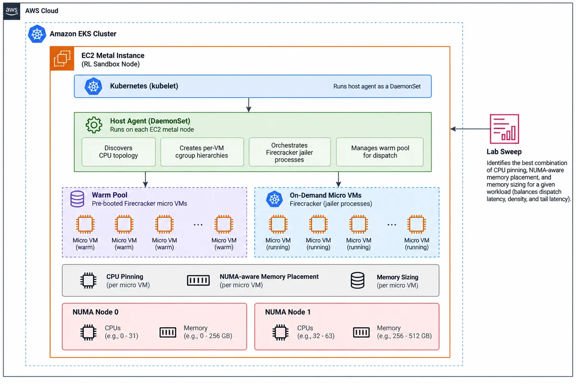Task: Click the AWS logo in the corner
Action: point(12,12)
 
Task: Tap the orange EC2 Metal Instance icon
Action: point(62,59)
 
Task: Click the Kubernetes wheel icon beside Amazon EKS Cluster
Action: point(37,34)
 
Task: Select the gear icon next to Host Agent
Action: point(94,125)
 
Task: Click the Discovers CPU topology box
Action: point(119,152)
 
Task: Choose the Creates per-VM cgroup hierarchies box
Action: point(202,152)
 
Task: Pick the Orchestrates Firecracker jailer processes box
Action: point(289,152)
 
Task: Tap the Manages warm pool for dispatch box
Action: point(380,152)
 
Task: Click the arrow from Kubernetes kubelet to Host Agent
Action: point(249,105)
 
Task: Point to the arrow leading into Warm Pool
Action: point(145,180)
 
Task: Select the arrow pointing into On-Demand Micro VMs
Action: point(338,180)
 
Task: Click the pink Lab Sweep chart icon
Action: point(504,129)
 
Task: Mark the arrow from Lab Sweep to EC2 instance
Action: point(470,129)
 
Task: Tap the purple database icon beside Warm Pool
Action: point(77,199)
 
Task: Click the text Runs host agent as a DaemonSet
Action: point(377,86)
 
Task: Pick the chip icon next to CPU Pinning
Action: point(88,280)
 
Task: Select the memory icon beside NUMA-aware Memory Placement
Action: point(198,280)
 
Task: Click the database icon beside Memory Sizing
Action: point(358,280)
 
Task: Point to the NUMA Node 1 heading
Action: point(288,312)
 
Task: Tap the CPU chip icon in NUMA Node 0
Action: point(88,332)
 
